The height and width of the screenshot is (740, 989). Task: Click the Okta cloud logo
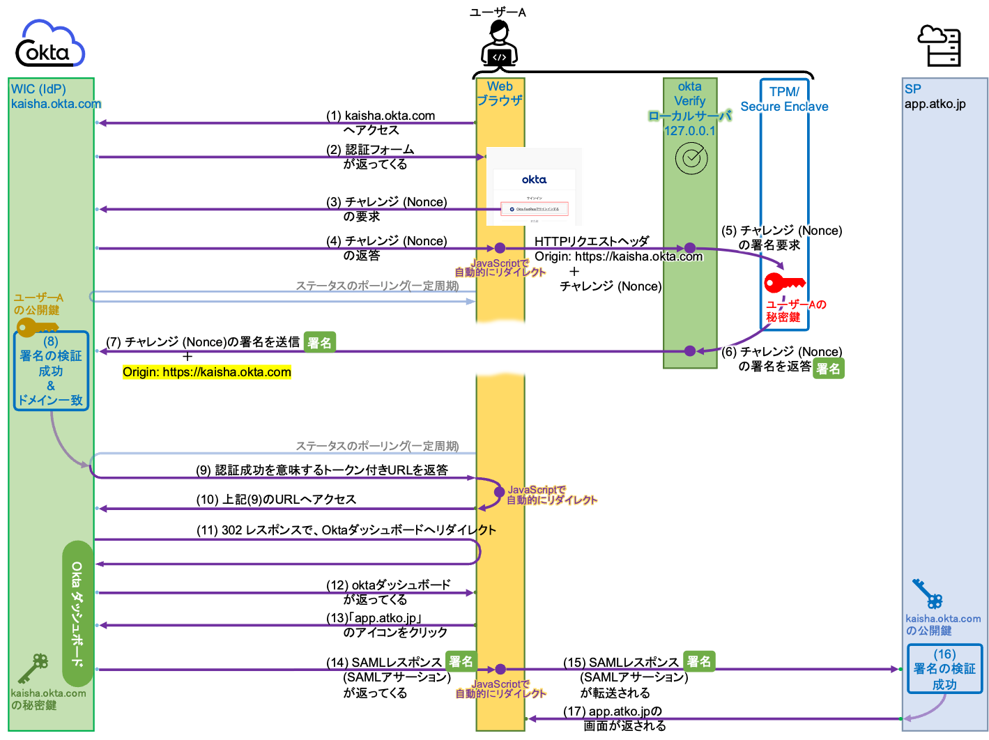[53, 43]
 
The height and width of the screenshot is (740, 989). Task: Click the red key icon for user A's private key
[783, 283]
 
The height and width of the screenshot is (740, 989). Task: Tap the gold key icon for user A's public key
[36, 327]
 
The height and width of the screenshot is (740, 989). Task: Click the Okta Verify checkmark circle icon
[691, 159]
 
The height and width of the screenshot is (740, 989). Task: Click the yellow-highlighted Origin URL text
[207, 372]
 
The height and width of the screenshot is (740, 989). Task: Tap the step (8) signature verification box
[51, 371]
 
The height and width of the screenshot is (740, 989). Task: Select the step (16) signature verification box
[944, 669]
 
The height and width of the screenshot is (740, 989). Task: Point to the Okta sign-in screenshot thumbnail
[534, 186]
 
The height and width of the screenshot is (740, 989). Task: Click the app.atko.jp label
[935, 105]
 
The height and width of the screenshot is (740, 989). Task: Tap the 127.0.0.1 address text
[689, 131]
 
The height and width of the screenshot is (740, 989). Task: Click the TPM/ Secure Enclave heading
[784, 99]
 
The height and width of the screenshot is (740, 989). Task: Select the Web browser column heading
[500, 93]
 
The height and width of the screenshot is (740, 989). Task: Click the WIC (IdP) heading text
[38, 89]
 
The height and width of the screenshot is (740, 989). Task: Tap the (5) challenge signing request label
[781, 238]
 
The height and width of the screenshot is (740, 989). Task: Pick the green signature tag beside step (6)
[828, 369]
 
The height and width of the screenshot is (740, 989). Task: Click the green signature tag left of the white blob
[320, 343]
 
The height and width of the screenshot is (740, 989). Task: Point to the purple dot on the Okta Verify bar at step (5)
[689, 248]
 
